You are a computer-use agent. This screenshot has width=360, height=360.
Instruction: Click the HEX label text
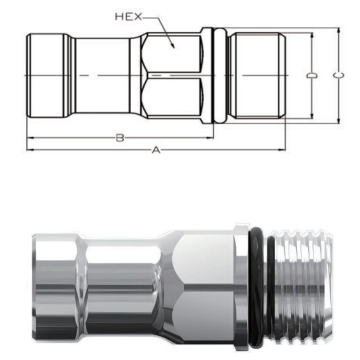pos(128,16)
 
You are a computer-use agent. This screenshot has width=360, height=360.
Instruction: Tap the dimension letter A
pos(156,150)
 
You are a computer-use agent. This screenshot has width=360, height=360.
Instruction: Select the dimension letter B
pos(120,138)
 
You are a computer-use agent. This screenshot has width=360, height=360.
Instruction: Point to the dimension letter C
pos(338,76)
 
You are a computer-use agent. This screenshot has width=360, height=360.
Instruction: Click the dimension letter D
pos(312,76)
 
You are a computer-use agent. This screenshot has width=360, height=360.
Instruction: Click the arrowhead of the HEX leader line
pos(173,45)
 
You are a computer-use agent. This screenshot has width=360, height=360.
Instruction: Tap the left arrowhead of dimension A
pos(30,150)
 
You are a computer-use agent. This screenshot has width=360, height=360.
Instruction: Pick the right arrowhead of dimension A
pos(282,150)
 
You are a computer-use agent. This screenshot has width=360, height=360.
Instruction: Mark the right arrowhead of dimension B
pos(210,137)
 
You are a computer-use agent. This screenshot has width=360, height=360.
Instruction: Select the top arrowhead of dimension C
pos(339,31)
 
